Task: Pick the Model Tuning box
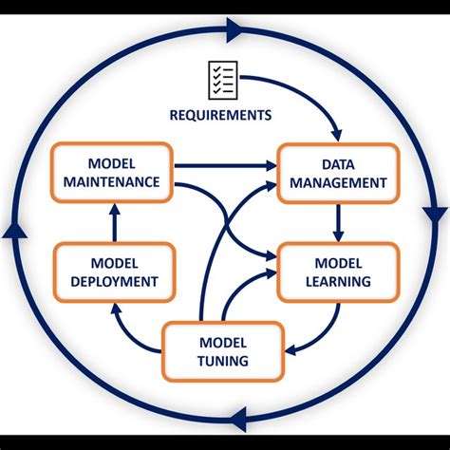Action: click(223, 351)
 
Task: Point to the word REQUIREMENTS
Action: click(220, 115)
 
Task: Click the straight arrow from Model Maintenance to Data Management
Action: click(223, 166)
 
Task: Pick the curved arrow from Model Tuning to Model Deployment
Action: click(133, 328)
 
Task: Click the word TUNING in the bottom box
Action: click(224, 362)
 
